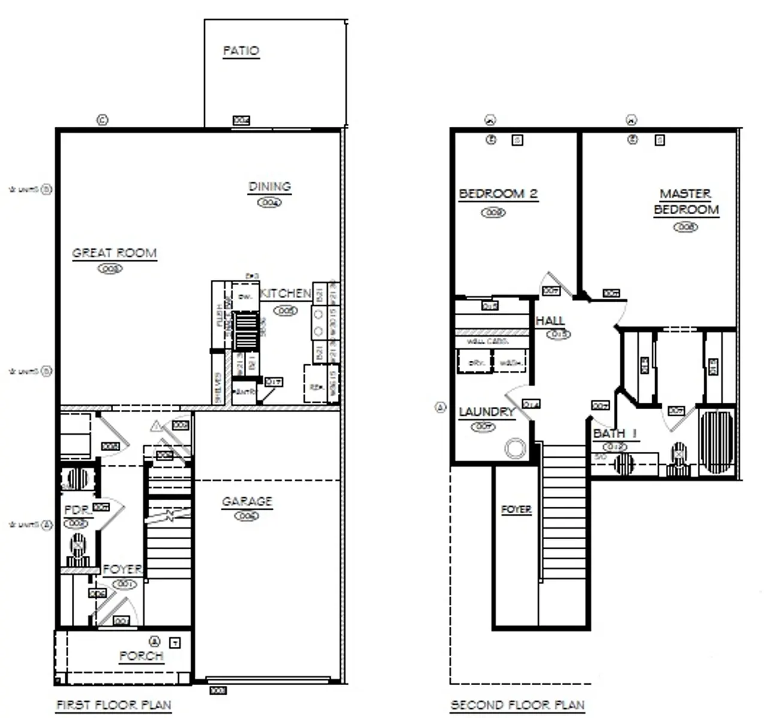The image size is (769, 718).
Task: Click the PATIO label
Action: coord(241,51)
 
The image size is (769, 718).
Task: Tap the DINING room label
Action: coord(270,187)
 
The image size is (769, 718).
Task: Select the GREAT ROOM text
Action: coord(114,253)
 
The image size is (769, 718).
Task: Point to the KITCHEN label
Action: coord(286,293)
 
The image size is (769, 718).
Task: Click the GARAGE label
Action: coord(247,501)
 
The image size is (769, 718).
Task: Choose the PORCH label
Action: coord(141,656)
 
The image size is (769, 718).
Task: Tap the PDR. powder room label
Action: coord(78,510)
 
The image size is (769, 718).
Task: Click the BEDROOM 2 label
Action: coord(498,194)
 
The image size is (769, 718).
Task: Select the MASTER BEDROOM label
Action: coord(686,202)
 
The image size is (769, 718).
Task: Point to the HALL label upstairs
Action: coord(550,321)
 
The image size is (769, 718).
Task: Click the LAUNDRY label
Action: coord(487,412)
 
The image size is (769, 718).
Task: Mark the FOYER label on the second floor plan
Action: coord(516,509)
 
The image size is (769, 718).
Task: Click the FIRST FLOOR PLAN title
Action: coord(114,705)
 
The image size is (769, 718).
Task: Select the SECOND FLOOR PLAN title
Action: coord(517,705)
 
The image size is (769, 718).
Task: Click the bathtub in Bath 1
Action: coord(717,442)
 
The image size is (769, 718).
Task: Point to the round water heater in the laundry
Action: coord(516,448)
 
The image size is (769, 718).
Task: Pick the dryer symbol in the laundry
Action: coord(475,362)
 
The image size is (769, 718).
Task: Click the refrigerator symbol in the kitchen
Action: coord(314,387)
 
